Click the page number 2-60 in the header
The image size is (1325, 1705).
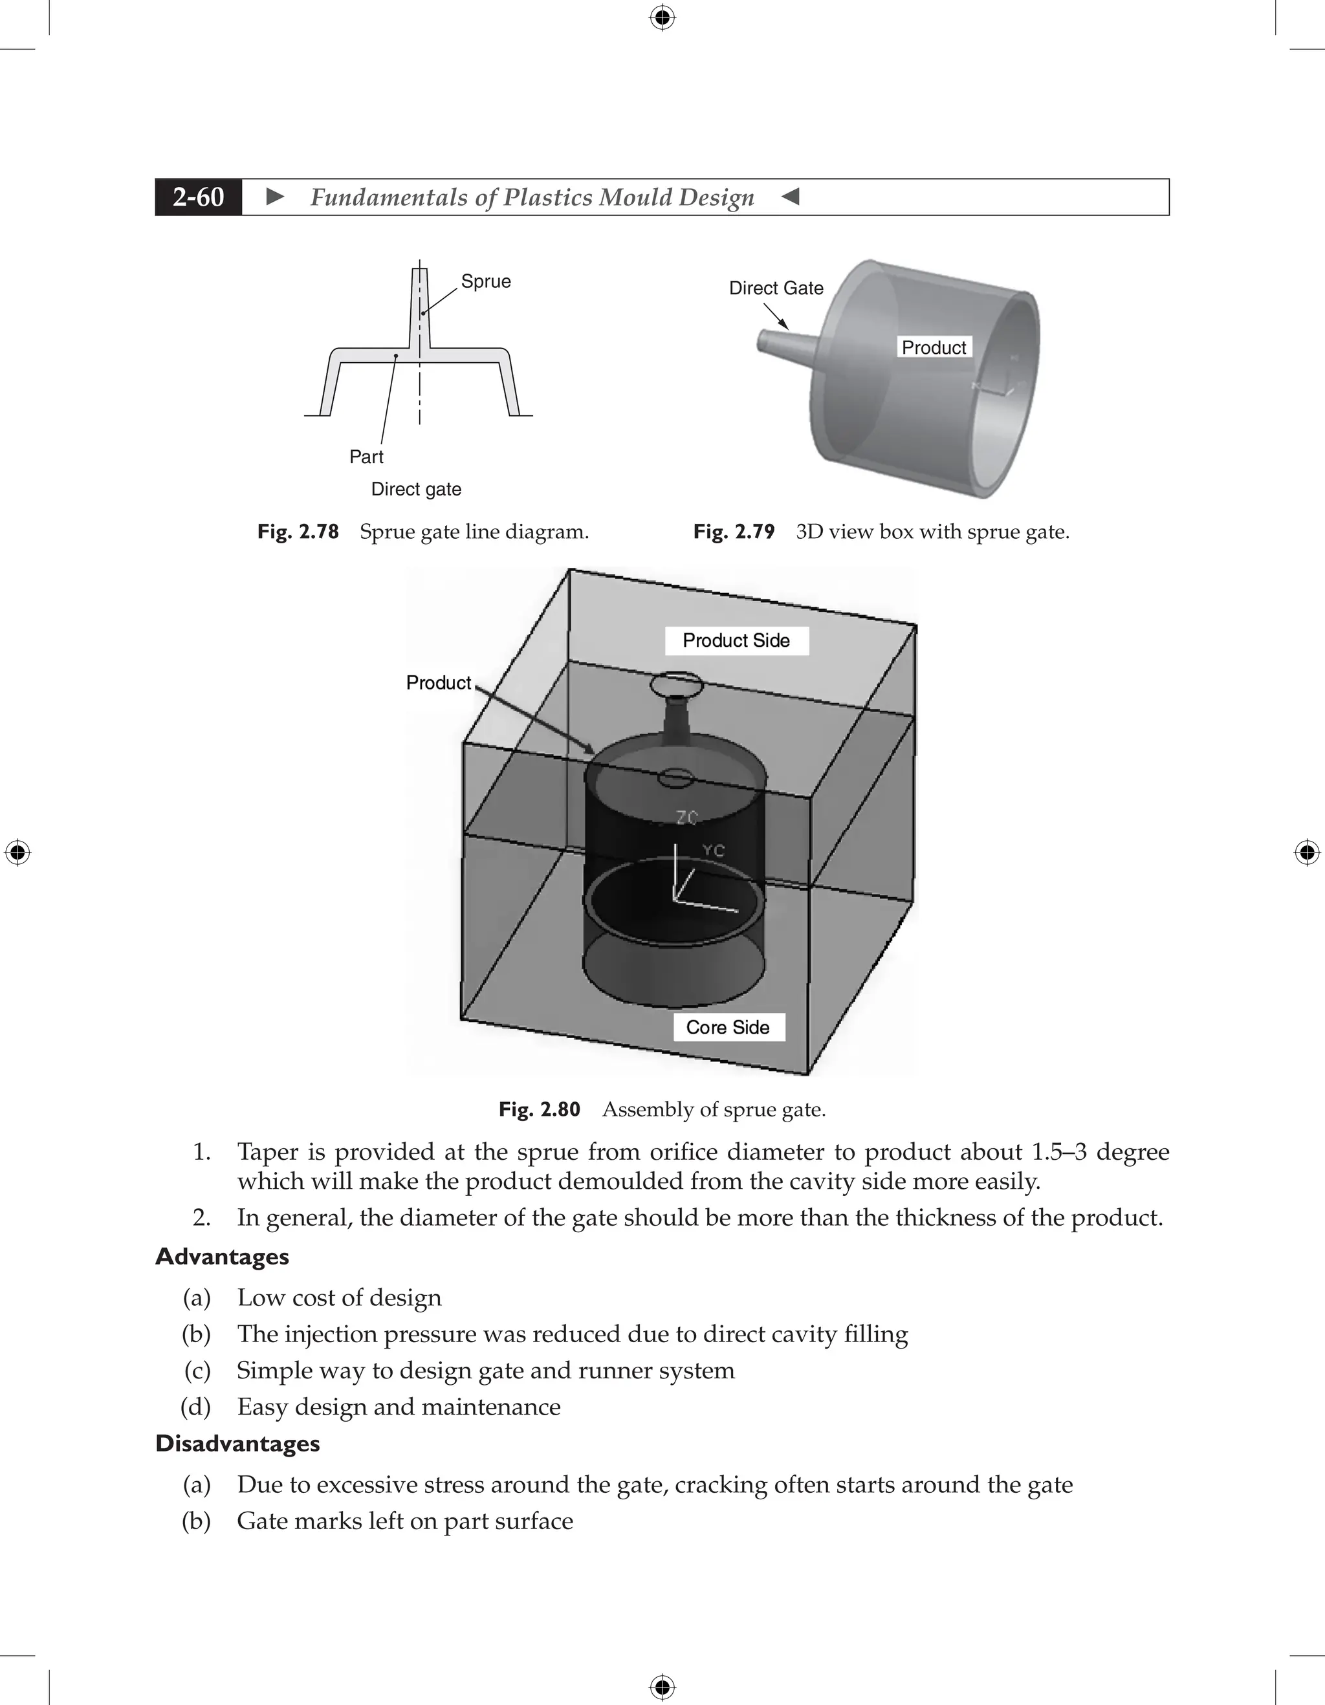coord(199,197)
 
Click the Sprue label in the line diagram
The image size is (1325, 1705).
coord(486,281)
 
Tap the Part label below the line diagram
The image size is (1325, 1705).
coord(366,457)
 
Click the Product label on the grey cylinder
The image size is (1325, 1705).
coord(933,347)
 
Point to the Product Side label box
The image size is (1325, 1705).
coord(736,641)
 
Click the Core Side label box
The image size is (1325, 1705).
coord(728,1027)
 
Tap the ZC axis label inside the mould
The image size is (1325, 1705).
coord(687,818)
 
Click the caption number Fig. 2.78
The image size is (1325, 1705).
coord(298,532)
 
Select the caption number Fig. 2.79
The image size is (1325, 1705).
coord(733,532)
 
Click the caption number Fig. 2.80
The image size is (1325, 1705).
coord(539,1109)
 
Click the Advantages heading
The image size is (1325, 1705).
coord(222,1257)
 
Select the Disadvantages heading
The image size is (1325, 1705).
coord(237,1444)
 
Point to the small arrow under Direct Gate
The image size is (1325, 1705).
coord(776,317)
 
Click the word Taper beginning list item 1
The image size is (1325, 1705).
coord(267,1152)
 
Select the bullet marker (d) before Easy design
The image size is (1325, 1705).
coord(196,1407)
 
